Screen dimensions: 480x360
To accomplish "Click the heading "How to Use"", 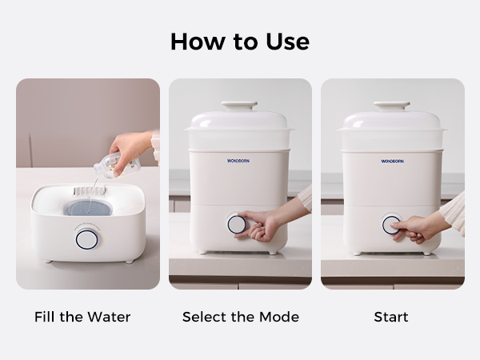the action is pos(240,42).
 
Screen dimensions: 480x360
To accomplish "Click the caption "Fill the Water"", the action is pos(82,317).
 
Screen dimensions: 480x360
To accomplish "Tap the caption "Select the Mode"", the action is pos(241,317).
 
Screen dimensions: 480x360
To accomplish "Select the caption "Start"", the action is pos(391,317).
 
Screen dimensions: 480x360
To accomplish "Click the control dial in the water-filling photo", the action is pos(86,240).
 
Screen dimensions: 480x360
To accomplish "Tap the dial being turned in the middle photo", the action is pos(236,224).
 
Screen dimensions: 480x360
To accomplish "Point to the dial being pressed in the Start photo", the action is pos(391,225).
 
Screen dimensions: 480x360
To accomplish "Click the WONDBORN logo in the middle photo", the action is pos(238,161).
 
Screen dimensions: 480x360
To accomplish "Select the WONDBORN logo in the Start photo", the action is pos(392,161).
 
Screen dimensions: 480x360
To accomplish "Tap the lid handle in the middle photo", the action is pos(239,106).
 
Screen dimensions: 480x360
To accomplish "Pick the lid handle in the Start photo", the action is pos(391,106).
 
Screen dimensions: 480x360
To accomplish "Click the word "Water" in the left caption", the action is pos(109,317).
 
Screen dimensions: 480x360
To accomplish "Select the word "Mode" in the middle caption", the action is pos(279,317).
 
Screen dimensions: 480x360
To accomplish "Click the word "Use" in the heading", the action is pos(288,42).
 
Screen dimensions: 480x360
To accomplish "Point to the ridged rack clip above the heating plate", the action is pos(89,191).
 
